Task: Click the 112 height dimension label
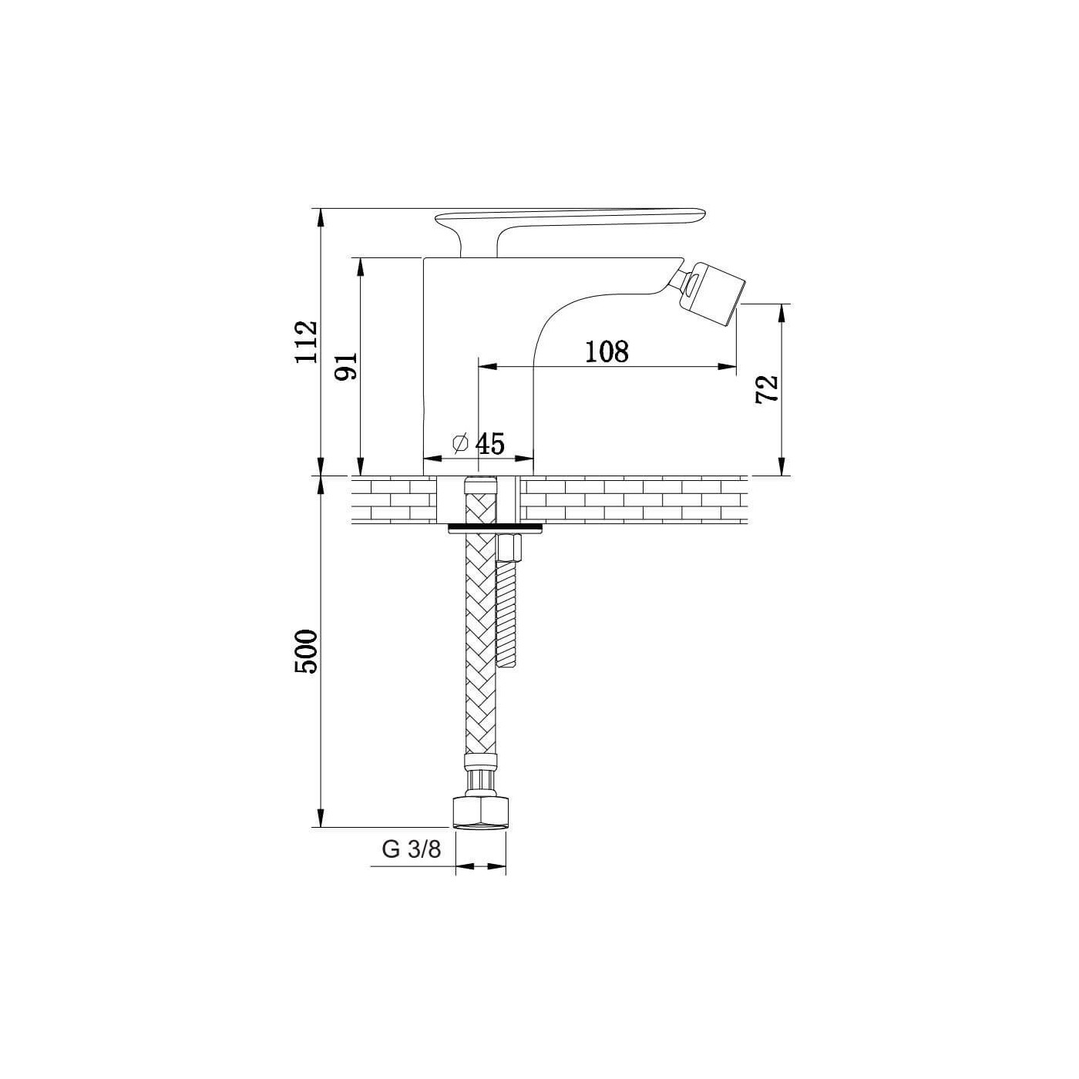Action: point(306,341)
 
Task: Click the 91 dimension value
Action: point(346,367)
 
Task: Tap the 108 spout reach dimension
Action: point(607,351)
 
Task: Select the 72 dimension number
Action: point(767,388)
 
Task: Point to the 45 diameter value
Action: point(490,444)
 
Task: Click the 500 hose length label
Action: point(306,651)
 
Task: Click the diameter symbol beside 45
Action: point(461,443)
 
